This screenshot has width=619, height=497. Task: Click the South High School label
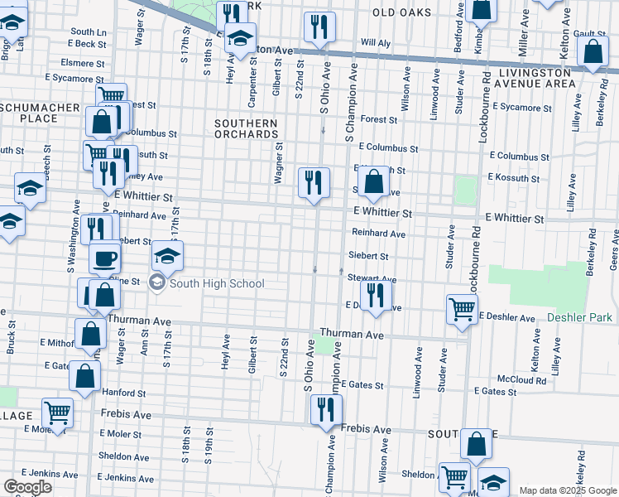217,284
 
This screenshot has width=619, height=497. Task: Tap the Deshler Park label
579,317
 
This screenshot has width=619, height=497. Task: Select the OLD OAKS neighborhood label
402,12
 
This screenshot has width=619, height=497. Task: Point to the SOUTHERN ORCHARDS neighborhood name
245,128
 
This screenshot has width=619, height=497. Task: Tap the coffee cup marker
104,258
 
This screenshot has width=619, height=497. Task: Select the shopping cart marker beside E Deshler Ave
462,309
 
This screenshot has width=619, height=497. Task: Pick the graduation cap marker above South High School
167,257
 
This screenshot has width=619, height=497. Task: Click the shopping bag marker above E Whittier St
373,182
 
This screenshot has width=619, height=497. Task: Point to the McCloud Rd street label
528,381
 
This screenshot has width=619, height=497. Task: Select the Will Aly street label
375,41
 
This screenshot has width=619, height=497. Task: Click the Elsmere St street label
83,62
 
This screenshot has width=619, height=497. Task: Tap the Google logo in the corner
27,487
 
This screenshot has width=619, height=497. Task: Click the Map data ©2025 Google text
568,490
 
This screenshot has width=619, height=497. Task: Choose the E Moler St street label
121,434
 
